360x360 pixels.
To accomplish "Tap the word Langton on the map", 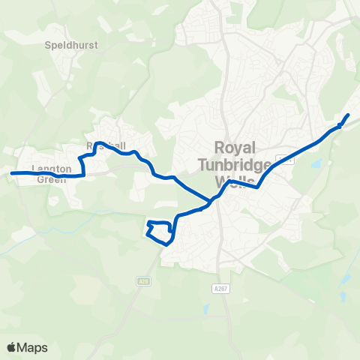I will [52, 169].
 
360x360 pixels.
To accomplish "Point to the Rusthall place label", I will [107, 145].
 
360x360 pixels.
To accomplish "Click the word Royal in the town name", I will [235, 147].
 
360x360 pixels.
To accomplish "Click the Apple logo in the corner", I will [11, 347].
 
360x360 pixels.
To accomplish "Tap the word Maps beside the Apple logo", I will [32, 347].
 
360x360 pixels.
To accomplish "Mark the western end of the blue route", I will [11, 173].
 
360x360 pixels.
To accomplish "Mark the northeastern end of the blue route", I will [349, 114].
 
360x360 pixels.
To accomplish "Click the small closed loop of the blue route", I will [160, 232].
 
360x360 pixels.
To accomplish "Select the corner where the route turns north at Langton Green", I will [84, 175].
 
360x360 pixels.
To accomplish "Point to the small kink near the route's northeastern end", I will [339, 127].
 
